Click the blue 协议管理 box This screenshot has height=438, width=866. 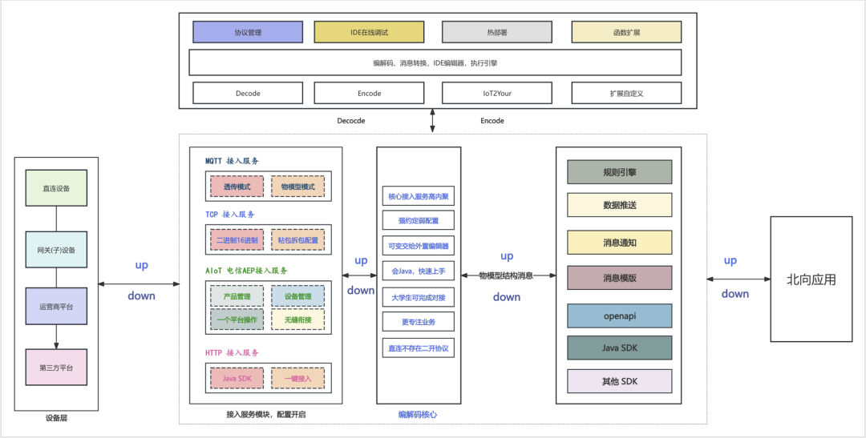pyautogui.click(x=248, y=32)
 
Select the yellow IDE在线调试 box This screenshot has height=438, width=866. pyautogui.click(x=369, y=32)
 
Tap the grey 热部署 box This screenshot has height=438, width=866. pyautogui.click(x=496, y=32)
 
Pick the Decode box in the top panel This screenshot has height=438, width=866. pyautogui.click(x=248, y=93)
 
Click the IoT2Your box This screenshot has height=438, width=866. pyautogui.click(x=496, y=93)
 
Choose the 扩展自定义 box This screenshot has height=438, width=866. pyautogui.click(x=626, y=93)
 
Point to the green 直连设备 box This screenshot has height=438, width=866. pyautogui.click(x=56, y=188)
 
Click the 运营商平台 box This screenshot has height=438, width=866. pyautogui.click(x=56, y=306)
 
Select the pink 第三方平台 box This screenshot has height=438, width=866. pyautogui.click(x=56, y=367)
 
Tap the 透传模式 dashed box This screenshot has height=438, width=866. pyautogui.click(x=237, y=187)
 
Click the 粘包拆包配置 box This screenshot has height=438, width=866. pyautogui.click(x=297, y=240)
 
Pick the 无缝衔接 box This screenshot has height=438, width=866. pyautogui.click(x=297, y=319)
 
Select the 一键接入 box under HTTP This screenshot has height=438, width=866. pyautogui.click(x=297, y=378)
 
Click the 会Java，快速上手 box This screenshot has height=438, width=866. pyautogui.click(x=418, y=271)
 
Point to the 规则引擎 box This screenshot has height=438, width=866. pyautogui.click(x=619, y=171)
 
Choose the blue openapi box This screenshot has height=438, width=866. pyautogui.click(x=619, y=315)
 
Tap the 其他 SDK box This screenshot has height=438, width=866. pyautogui.click(x=619, y=380)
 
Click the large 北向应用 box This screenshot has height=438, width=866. pyautogui.click(x=811, y=279)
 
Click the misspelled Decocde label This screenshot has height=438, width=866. pyautogui.click(x=350, y=120)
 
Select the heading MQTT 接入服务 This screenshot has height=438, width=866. pyautogui.click(x=232, y=161)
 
